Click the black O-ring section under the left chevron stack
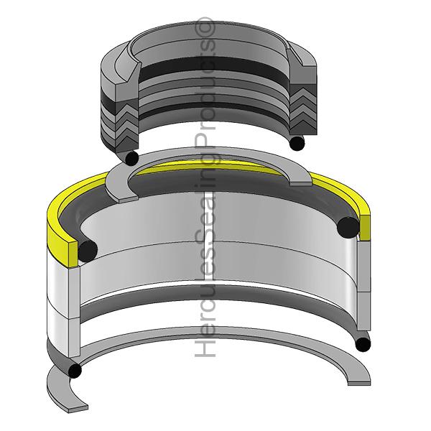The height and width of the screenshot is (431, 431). coord(131,158)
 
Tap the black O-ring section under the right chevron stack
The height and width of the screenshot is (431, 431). coord(297,143)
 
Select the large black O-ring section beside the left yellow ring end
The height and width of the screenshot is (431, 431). coord(88,251)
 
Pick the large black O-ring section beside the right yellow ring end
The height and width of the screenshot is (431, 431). coord(348,227)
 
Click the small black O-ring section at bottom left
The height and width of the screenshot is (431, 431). coord(75,370)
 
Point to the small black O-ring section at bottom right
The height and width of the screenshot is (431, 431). coord(363,344)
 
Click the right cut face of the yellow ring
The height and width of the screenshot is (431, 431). coord(365,227)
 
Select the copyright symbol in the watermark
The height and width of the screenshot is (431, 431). coord(205,27)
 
